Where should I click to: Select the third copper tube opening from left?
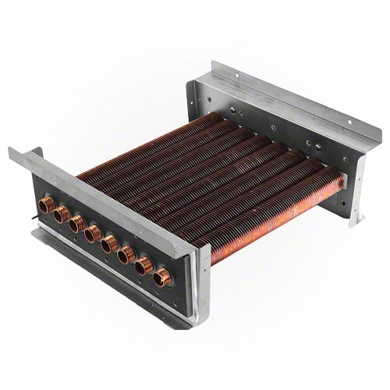tap(75, 225)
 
